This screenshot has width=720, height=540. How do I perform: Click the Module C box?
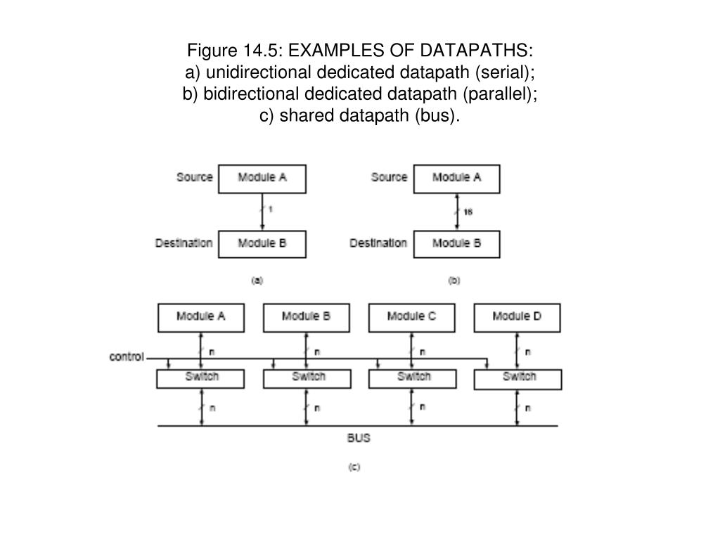pyautogui.click(x=411, y=317)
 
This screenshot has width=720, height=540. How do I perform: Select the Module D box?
pyautogui.click(x=517, y=317)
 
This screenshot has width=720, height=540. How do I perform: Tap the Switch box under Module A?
pyautogui.click(x=201, y=378)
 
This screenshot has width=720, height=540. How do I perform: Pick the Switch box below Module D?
pyautogui.click(x=518, y=378)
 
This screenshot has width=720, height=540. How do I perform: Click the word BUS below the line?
pyautogui.click(x=359, y=438)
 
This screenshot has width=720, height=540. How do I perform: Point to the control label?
pyautogui.click(x=127, y=356)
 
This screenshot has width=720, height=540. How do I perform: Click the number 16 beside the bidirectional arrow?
pyautogui.click(x=468, y=212)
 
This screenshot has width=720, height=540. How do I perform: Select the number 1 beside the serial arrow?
pyautogui.click(x=271, y=209)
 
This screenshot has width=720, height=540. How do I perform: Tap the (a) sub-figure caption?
pyautogui.click(x=257, y=280)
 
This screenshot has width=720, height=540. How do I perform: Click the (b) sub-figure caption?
pyautogui.click(x=454, y=280)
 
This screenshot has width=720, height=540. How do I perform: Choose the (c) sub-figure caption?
pyautogui.click(x=354, y=467)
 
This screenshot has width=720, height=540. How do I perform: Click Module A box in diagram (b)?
pyautogui.click(x=456, y=179)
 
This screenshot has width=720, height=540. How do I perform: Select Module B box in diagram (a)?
pyautogui.click(x=262, y=244)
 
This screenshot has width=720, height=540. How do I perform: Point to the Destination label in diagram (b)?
pyautogui.click(x=378, y=243)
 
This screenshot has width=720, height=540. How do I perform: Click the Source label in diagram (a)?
pyautogui.click(x=194, y=177)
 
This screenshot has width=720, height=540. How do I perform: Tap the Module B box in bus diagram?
pyautogui.click(x=306, y=317)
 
